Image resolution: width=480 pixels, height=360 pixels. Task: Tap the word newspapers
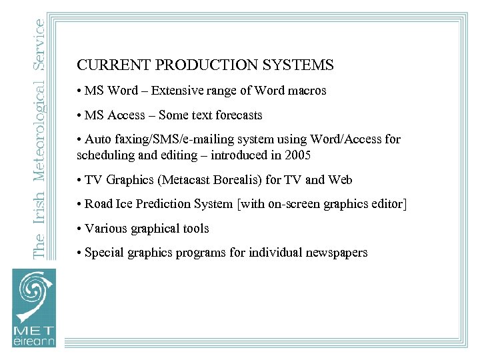pyautogui.click(x=336, y=253)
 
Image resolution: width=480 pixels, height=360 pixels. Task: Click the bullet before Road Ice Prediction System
pyautogui.click(x=79, y=205)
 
